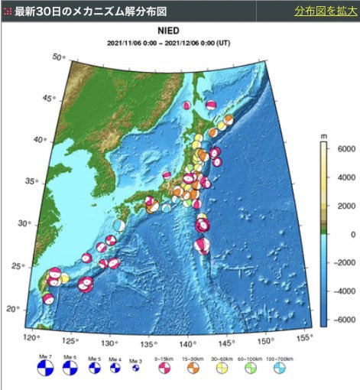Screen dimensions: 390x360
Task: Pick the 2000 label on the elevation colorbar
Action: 338,205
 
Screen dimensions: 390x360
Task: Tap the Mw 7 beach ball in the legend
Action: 46,369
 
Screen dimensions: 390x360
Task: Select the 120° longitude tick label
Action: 32,337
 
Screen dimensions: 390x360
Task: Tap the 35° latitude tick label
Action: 31,180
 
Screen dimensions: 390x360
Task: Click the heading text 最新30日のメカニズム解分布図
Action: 89,11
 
